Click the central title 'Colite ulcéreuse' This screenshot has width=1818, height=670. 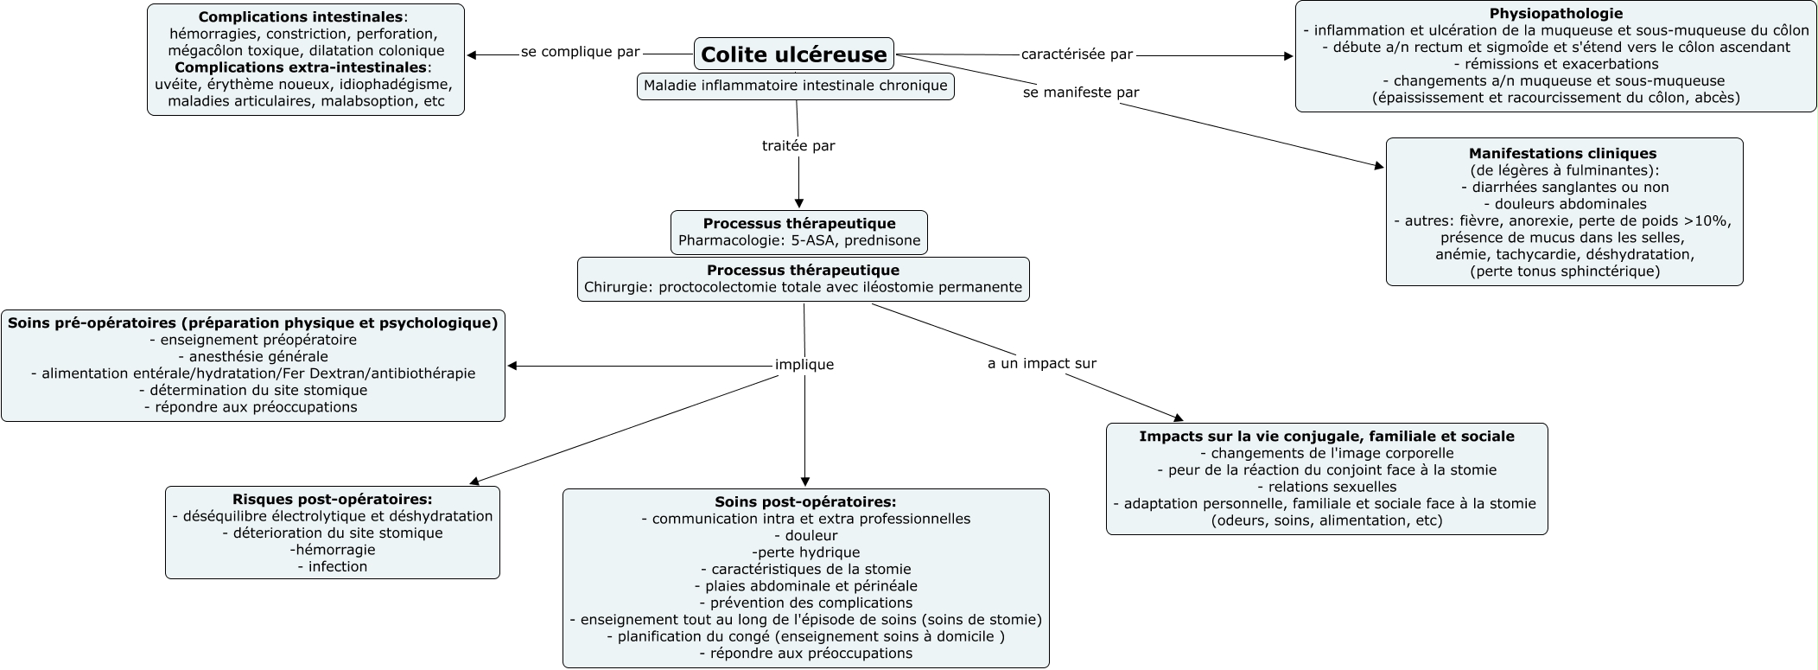(793, 54)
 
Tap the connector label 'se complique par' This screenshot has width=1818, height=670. (580, 52)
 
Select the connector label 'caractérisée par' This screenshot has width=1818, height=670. (1077, 54)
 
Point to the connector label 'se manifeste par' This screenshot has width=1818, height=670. (1081, 93)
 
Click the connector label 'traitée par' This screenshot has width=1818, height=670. (798, 146)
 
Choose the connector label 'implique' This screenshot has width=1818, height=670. (804, 365)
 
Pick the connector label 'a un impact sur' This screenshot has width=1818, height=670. (1041, 364)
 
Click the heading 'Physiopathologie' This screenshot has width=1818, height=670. (1555, 14)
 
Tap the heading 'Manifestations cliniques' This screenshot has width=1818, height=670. (1563, 154)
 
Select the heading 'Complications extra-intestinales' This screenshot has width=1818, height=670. (300, 67)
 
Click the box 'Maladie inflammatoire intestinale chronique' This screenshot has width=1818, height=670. (795, 86)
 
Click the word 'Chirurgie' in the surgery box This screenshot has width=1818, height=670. (616, 287)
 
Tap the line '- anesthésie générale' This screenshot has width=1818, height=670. (252, 356)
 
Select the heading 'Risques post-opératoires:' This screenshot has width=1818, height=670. (332, 499)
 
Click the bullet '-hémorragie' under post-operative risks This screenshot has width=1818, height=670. (332, 550)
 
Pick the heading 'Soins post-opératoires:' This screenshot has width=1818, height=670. (805, 501)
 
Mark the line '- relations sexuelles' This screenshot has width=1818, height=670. (1326, 487)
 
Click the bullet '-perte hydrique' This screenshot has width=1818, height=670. (805, 552)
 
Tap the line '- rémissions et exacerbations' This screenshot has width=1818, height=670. (1555, 64)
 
